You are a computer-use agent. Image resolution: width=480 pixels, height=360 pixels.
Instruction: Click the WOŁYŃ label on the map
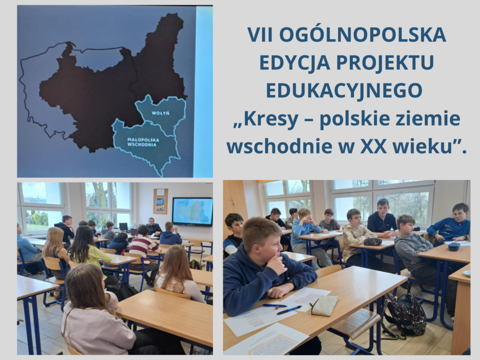coord(160,113)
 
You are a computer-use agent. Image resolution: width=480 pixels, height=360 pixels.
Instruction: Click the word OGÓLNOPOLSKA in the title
coord(362,35)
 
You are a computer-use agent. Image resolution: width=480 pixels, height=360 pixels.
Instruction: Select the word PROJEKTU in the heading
coord(385,62)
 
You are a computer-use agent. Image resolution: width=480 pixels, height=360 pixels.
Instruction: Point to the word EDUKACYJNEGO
coord(344,90)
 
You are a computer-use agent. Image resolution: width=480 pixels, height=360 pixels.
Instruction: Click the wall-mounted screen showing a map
coord(192,212)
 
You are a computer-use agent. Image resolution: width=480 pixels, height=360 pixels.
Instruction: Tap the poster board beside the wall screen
coord(160,201)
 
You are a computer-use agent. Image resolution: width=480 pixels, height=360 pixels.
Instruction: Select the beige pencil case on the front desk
coord(324,305)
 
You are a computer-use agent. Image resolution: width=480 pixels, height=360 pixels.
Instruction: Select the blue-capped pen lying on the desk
coord(289,310)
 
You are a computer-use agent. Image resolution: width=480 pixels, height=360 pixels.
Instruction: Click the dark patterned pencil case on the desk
coord(373,242)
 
